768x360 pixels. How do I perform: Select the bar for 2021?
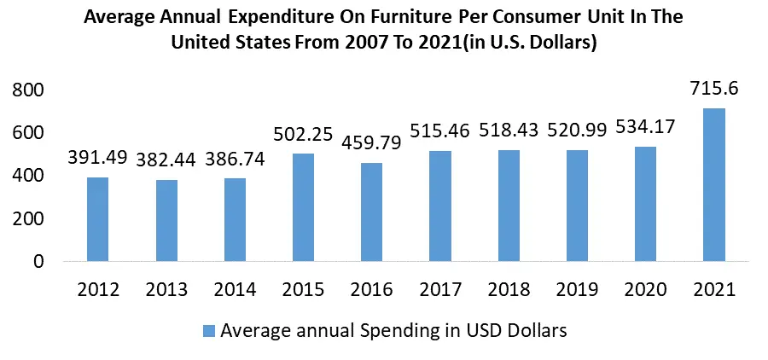(x=713, y=184)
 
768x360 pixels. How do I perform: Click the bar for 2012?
(x=98, y=219)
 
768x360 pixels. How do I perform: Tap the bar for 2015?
(x=303, y=207)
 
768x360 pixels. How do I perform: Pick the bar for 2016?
(x=371, y=212)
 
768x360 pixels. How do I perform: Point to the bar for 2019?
(x=577, y=206)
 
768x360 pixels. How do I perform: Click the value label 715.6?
(x=713, y=89)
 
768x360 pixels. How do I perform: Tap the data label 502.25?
(x=303, y=133)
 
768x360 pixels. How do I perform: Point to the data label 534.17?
(x=645, y=129)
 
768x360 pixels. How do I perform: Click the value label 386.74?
(x=235, y=159)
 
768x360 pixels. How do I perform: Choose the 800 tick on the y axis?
(x=28, y=90)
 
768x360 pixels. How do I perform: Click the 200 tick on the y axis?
(x=28, y=219)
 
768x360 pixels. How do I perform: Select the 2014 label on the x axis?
(x=235, y=289)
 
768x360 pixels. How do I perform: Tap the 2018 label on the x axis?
(x=509, y=289)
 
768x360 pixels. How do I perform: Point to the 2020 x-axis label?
(x=645, y=289)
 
